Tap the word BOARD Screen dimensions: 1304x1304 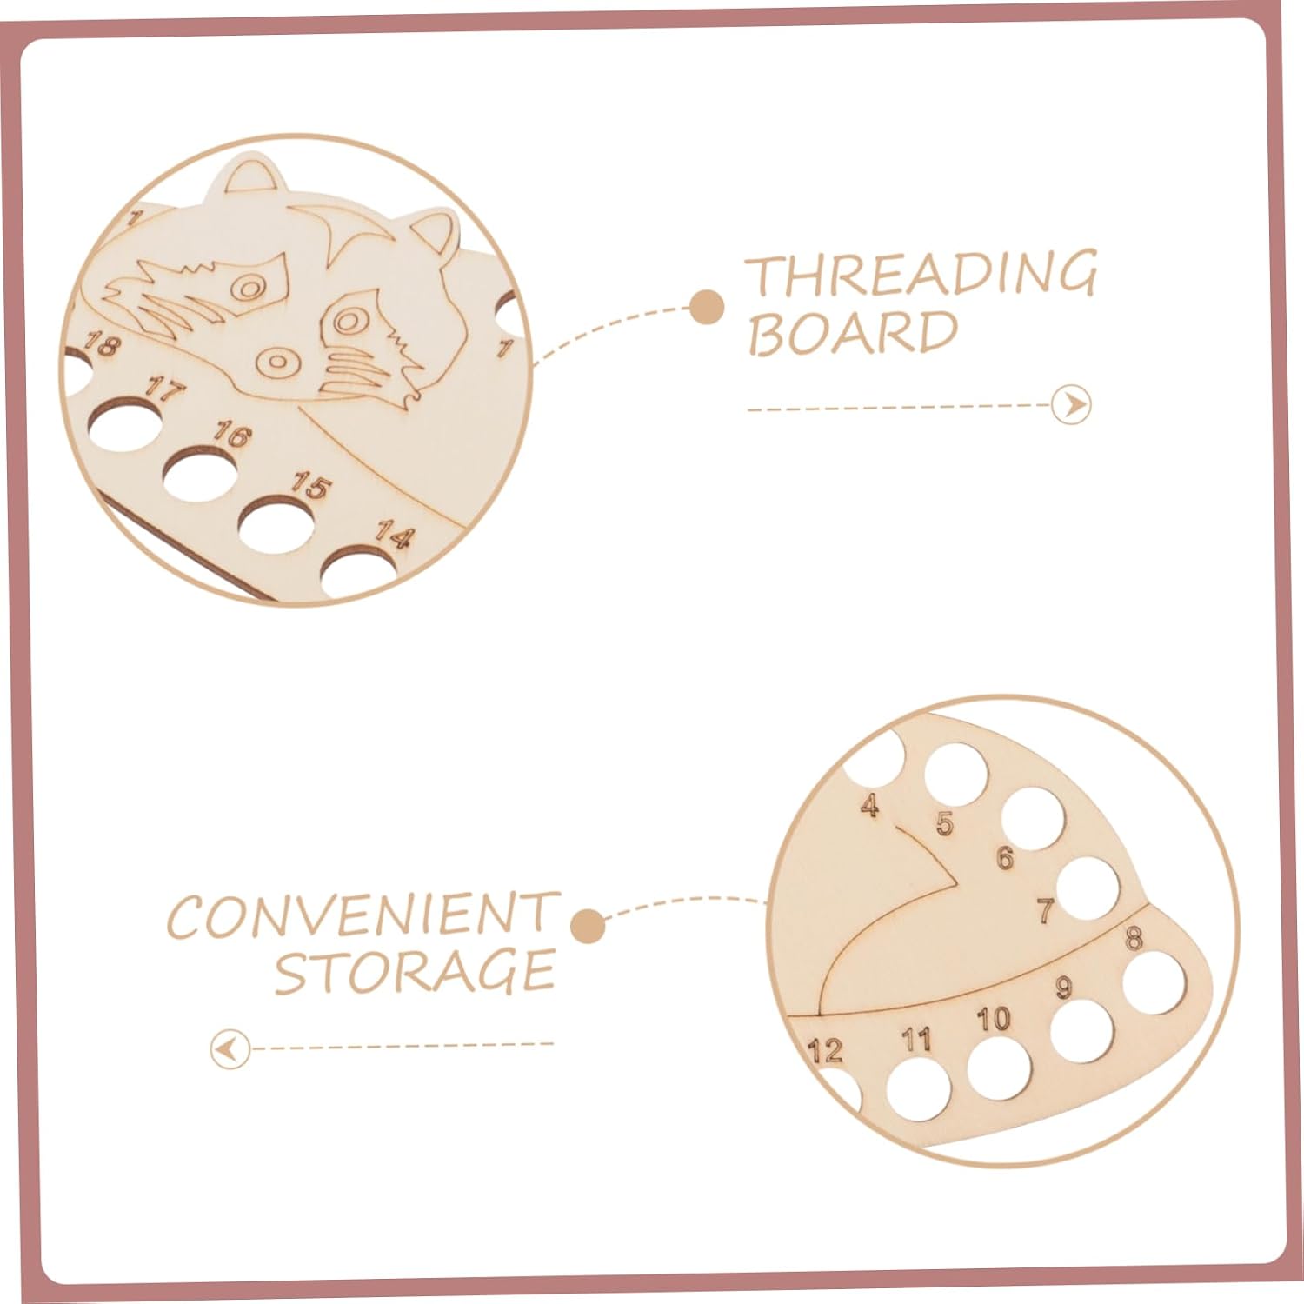coord(853,332)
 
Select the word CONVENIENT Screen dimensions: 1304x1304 coord(362,915)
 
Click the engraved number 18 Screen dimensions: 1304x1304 coord(101,345)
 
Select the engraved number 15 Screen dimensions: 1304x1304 coord(309,484)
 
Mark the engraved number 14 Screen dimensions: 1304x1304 coord(392,536)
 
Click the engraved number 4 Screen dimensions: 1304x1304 coord(869,806)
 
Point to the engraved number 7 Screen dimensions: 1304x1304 coord(1046,911)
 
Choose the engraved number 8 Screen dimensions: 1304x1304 coord(1134,939)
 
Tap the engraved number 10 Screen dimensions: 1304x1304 coord(993,1019)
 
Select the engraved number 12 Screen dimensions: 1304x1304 coord(825,1051)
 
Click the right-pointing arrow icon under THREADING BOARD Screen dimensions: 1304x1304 coord(1071,405)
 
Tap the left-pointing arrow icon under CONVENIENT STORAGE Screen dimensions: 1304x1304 coord(230,1049)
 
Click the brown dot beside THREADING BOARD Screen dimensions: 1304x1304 coord(707,306)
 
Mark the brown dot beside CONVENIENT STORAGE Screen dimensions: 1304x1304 coord(589,926)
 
